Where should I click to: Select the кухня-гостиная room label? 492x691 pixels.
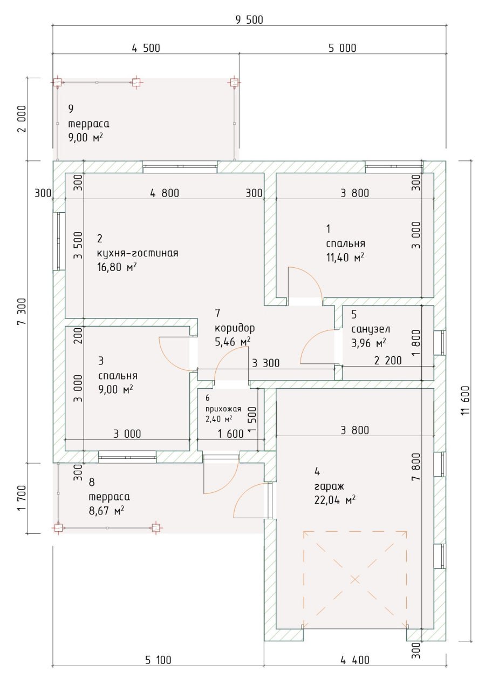pos(138,253)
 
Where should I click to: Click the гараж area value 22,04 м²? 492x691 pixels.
pos(334,500)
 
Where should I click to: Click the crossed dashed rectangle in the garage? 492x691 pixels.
pos(355,580)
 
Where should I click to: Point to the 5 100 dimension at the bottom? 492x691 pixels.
pos(158,659)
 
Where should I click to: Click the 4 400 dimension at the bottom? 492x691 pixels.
pos(354,659)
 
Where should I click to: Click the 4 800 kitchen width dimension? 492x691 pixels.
pos(165,193)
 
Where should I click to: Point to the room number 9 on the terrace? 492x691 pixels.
pos(71,109)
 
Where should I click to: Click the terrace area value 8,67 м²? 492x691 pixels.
pos(107,511)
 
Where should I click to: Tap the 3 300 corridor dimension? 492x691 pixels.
pos(266,363)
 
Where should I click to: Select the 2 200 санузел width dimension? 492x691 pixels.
pos(387,361)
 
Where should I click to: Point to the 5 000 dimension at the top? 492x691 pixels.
pos(343,48)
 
